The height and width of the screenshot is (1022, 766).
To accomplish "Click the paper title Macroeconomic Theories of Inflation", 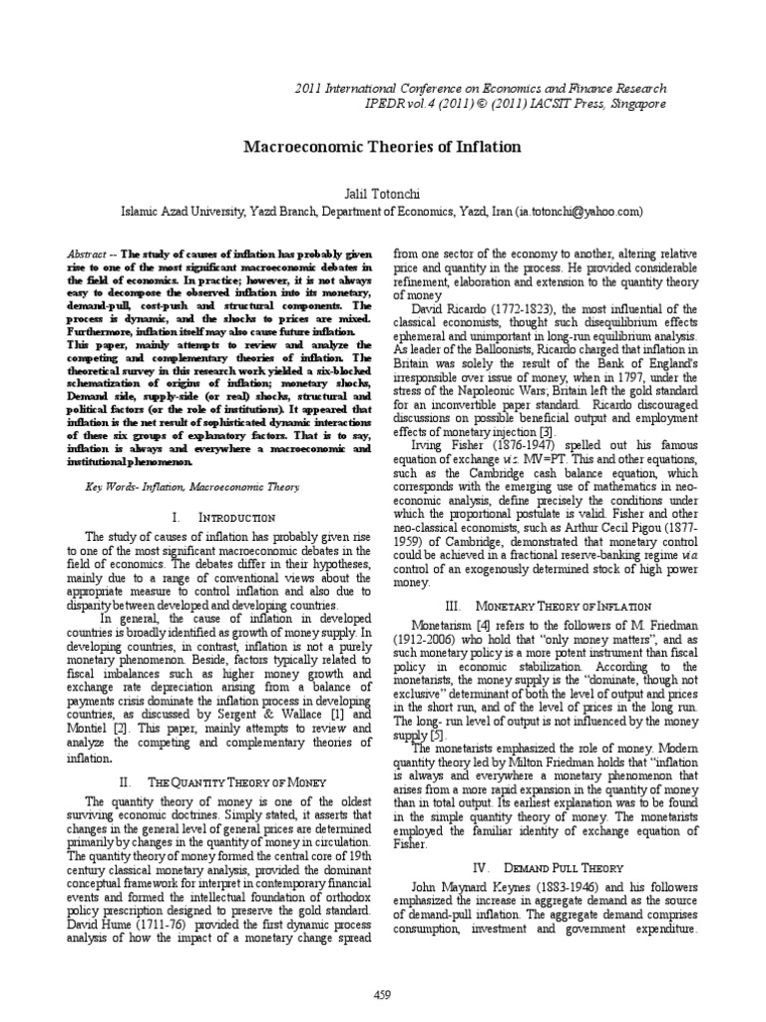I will [x=383, y=147].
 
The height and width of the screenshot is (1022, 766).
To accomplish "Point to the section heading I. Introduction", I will [x=223, y=518].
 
